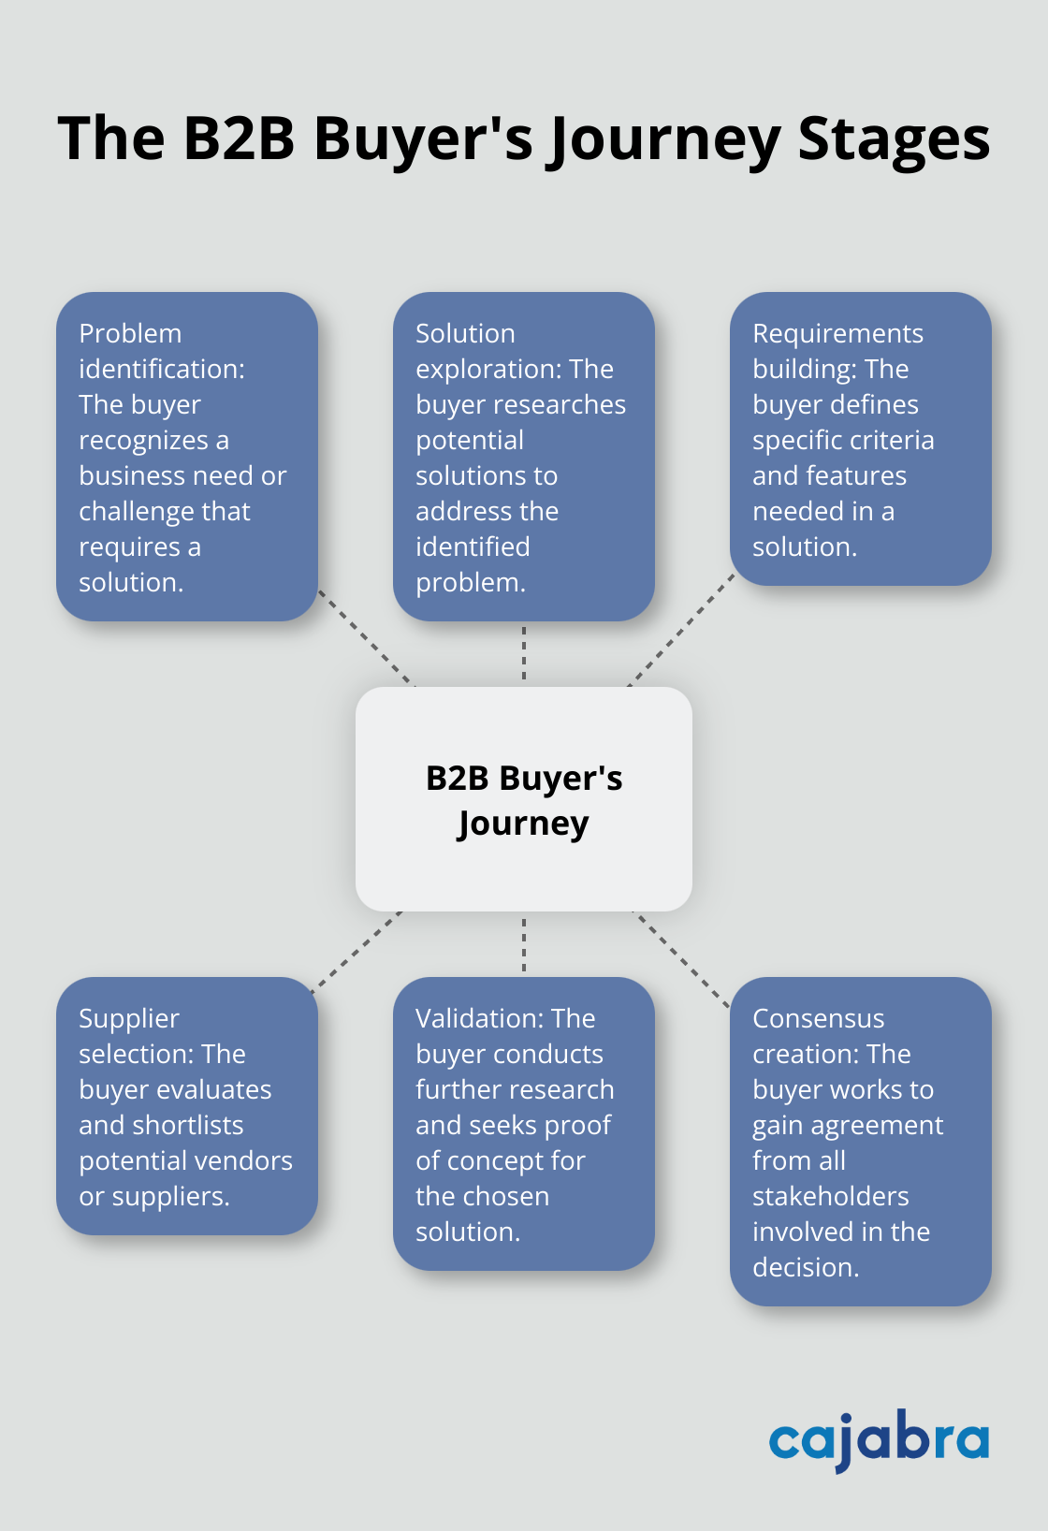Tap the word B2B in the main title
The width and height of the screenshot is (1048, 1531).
point(239,139)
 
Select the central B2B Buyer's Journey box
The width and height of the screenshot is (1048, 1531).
point(524,799)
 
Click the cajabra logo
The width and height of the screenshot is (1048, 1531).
point(879,1440)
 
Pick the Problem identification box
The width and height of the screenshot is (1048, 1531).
point(187,457)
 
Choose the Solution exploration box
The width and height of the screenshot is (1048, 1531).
point(524,457)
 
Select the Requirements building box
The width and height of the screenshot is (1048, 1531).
point(860,439)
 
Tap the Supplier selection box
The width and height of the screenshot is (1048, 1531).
point(187,1106)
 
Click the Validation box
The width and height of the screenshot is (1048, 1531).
point(524,1124)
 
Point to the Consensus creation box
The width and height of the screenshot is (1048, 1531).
point(860,1142)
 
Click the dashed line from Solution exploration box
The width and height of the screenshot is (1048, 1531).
point(524,653)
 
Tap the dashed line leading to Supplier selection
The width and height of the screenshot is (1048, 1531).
point(357,950)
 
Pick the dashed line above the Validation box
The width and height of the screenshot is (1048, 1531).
point(524,944)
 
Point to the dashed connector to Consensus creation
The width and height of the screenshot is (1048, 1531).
point(682,960)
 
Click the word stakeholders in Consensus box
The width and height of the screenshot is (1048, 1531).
point(831,1196)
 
